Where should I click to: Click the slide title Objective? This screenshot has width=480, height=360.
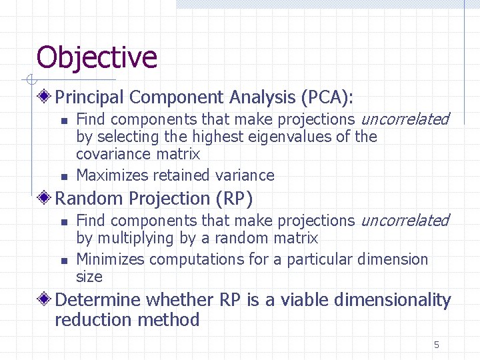(97, 57)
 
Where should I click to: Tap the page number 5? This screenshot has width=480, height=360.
(437, 345)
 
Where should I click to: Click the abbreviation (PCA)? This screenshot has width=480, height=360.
(327, 97)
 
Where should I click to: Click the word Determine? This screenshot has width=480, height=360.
(98, 300)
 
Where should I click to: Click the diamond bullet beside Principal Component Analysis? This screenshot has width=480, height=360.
(45, 97)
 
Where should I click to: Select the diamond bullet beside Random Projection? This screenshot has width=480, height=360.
(45, 199)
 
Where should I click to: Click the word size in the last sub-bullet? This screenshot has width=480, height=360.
(89, 276)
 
